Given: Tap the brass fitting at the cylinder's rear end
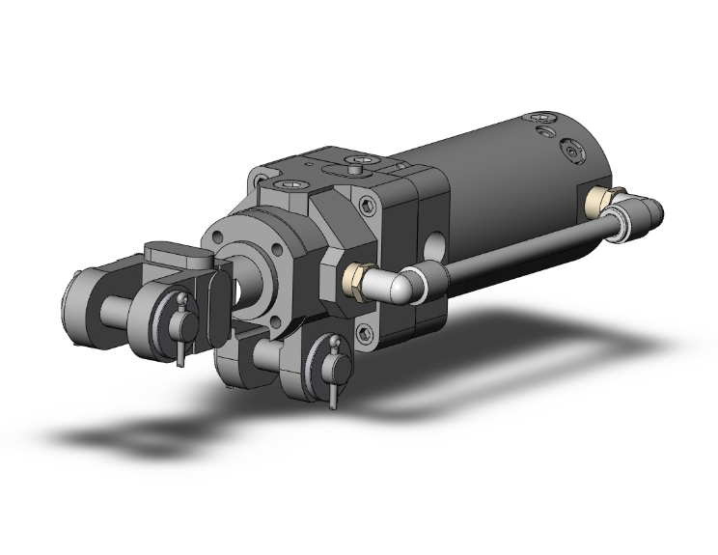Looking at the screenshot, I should click(x=599, y=200).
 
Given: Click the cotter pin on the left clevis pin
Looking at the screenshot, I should click(x=180, y=328).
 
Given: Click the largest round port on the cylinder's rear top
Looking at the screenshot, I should click(x=577, y=153).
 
